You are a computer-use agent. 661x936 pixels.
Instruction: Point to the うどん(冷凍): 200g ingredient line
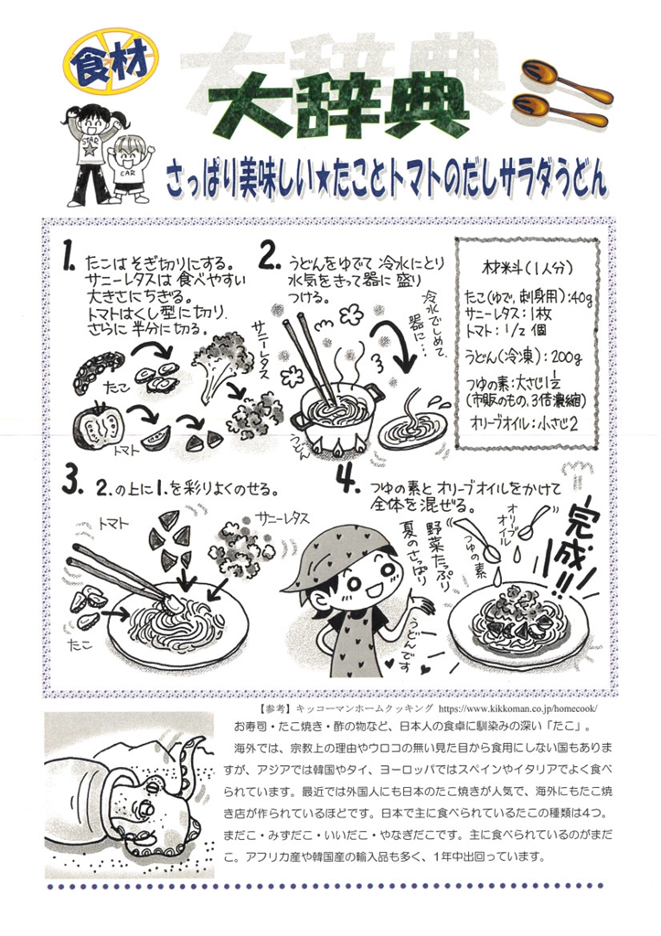pyautogui.click(x=523, y=356)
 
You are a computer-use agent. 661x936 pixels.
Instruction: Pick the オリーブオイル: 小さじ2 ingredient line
pyautogui.click(x=525, y=422)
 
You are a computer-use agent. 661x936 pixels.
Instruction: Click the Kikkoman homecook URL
pyautogui.click(x=517, y=709)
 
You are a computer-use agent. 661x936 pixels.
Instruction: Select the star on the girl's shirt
pyautogui.click(x=90, y=148)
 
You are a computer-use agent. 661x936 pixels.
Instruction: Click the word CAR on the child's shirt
pyautogui.click(x=127, y=174)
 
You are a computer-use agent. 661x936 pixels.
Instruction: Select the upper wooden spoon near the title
pyautogui.click(x=565, y=80)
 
